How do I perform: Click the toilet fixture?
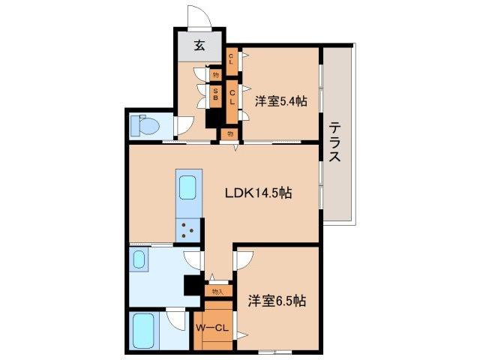click(145, 125)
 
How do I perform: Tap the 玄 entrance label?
click(199, 46)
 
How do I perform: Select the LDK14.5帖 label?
click(258, 193)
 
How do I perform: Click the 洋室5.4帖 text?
click(281, 100)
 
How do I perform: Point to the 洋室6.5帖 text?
click(277, 301)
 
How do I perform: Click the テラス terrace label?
click(334, 142)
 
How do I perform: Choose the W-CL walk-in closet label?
click(212, 328)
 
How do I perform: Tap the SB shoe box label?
click(216, 94)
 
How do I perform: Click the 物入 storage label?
click(217, 292)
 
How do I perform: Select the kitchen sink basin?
click(187, 187)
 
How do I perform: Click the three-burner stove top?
click(187, 229)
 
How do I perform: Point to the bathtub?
click(143, 331)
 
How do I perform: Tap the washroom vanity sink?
click(139, 259)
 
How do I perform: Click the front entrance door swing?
click(199, 17)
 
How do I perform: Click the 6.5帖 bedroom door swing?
click(245, 260)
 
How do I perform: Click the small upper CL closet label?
click(231, 58)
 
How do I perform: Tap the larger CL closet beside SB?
click(232, 97)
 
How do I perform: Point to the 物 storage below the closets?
click(230, 133)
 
